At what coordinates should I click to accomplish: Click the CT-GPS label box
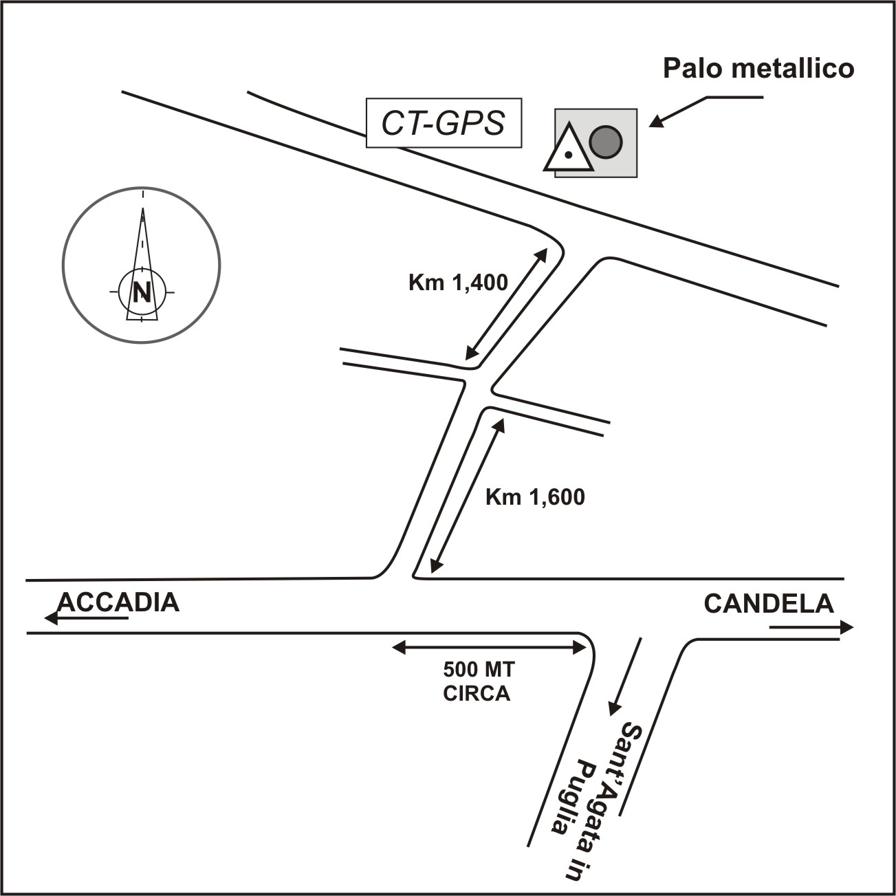(x=444, y=124)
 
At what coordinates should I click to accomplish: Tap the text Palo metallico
(x=758, y=69)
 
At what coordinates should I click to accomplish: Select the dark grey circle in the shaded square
(x=606, y=142)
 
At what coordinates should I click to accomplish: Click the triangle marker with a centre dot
(x=568, y=149)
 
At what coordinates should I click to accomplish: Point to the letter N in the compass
(x=142, y=292)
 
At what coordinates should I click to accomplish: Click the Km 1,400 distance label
(x=458, y=282)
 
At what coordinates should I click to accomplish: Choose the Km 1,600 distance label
(x=535, y=497)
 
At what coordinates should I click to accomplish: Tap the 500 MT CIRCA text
(x=478, y=681)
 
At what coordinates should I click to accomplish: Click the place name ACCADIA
(x=118, y=602)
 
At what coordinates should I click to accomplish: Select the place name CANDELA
(x=768, y=604)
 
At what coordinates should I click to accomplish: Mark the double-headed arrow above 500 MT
(x=490, y=646)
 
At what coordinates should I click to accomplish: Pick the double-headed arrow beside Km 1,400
(x=507, y=304)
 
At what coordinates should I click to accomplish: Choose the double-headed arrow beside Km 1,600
(x=468, y=495)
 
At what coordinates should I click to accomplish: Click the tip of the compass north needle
(x=142, y=208)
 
